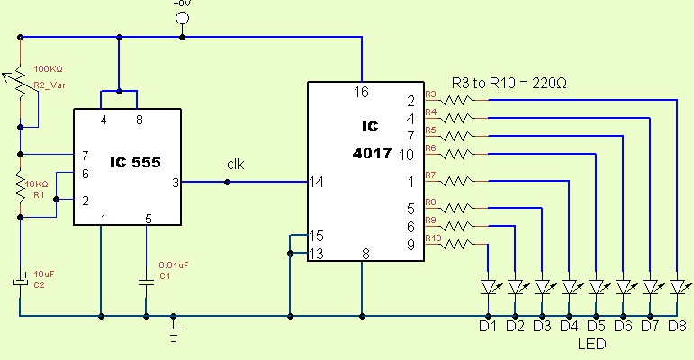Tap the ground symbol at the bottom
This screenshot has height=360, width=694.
175,334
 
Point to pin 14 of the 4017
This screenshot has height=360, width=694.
317,182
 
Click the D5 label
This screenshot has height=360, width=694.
596,325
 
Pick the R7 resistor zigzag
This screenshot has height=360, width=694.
458,182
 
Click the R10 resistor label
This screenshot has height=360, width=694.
432,238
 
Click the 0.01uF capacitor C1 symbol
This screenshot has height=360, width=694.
146,282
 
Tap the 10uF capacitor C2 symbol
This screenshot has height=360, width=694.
19,282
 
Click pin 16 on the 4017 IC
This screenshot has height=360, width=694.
362,92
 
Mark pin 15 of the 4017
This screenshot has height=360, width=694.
316,236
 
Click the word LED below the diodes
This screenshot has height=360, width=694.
591,344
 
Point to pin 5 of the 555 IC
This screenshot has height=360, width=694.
147,218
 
